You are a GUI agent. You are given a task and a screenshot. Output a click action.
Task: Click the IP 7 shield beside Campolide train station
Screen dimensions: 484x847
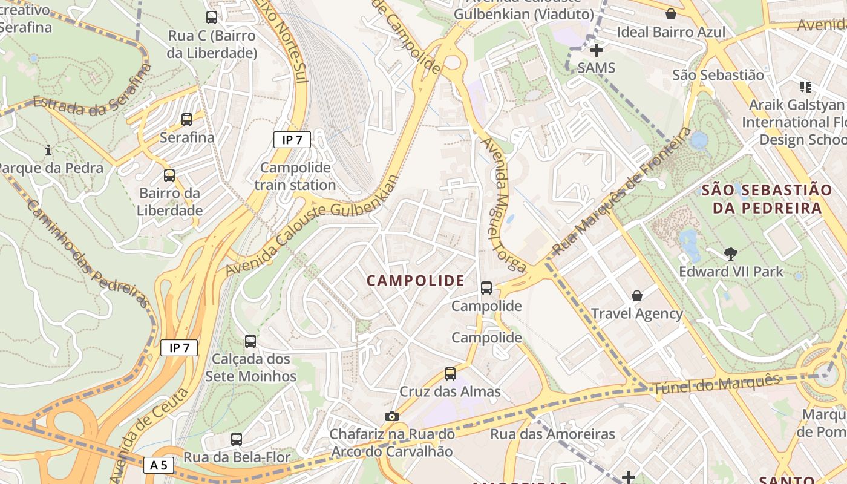coord(292,140)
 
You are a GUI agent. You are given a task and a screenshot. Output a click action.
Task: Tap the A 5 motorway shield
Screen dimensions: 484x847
coord(159,465)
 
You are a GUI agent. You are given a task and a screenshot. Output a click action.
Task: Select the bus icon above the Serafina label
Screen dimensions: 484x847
coord(187,120)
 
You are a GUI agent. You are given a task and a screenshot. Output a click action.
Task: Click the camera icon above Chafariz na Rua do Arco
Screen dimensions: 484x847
coord(392,416)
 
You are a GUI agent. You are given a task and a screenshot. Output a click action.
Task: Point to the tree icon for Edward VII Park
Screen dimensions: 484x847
coord(731,253)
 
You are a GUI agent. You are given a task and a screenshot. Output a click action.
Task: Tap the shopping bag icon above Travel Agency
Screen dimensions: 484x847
coord(637,296)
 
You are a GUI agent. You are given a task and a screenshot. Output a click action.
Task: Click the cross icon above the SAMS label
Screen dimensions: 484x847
coord(597,50)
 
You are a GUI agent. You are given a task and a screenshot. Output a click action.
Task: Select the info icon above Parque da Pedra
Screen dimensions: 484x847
coord(48,149)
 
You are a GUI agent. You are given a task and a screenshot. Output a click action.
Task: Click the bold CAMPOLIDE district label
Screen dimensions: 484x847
coord(416,281)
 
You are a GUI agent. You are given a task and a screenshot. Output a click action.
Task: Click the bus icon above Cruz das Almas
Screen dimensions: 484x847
coord(450,374)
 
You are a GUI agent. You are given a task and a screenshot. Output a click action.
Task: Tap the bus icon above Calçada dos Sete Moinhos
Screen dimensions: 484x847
coord(250,341)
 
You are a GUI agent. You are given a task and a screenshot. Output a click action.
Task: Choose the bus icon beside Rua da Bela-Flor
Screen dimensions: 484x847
coord(237,439)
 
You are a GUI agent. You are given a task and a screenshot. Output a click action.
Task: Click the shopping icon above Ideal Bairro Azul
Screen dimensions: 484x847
coord(671,14)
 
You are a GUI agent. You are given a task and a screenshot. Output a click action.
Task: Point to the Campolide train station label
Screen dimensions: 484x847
coord(295,176)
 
